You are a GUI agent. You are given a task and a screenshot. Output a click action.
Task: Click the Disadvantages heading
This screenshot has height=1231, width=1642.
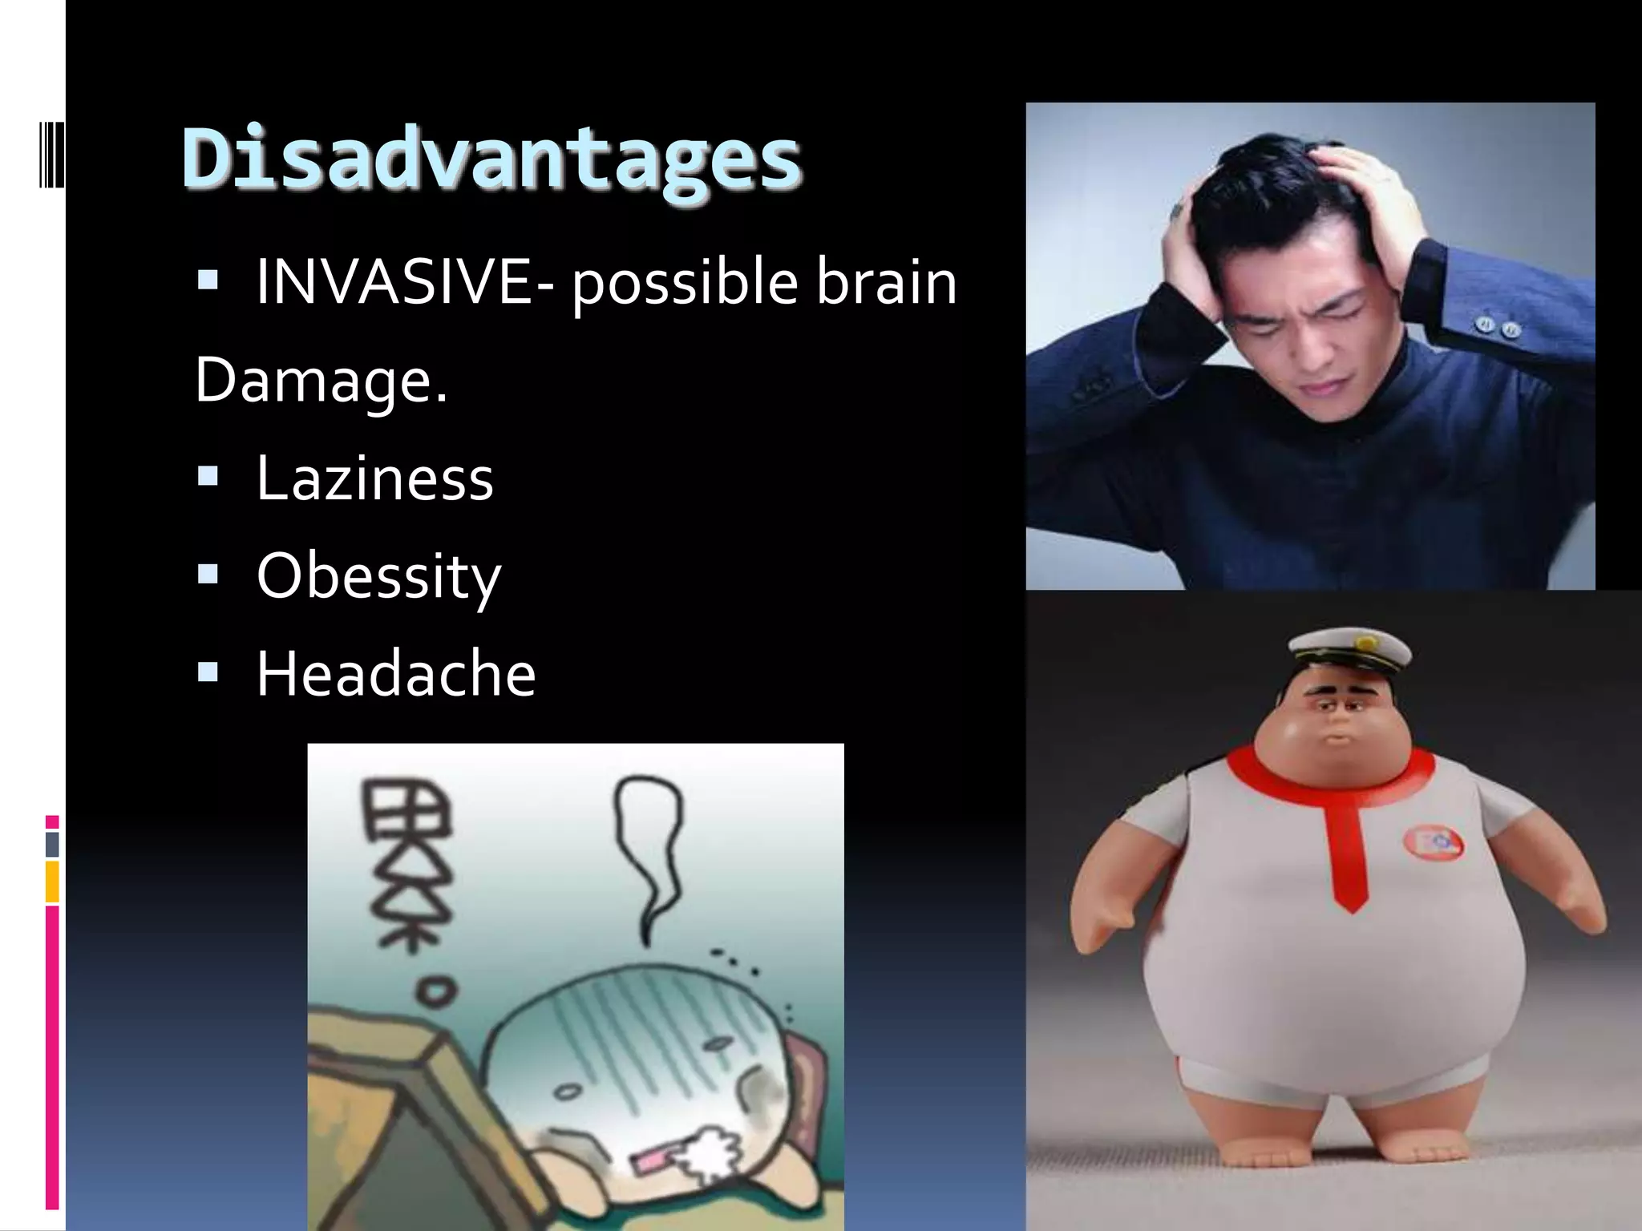pyautogui.click(x=491, y=158)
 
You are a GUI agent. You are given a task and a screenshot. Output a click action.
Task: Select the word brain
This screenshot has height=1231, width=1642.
pyautogui.click(x=886, y=282)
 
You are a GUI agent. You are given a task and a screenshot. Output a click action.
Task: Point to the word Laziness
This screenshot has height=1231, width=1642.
pyautogui.click(x=374, y=478)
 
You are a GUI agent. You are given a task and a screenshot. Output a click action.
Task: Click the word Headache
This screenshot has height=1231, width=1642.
pyautogui.click(x=395, y=674)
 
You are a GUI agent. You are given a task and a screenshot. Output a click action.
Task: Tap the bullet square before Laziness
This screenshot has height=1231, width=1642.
pyautogui.click(x=208, y=477)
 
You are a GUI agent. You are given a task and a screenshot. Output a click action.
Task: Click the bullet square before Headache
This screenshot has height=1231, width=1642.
pyautogui.click(x=208, y=672)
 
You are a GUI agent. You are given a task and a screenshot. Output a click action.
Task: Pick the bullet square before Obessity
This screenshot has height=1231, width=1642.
pyautogui.click(x=208, y=574)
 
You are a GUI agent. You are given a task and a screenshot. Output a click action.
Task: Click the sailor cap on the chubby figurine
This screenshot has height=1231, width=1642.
pyautogui.click(x=1349, y=650)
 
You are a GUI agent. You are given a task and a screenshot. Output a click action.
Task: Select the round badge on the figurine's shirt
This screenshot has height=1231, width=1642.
pyautogui.click(x=1432, y=843)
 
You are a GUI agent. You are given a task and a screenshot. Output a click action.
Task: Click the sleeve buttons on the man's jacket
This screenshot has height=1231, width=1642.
pyautogui.click(x=1496, y=326)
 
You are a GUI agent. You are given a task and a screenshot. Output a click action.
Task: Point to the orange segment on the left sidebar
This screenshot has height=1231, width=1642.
pyautogui.click(x=52, y=882)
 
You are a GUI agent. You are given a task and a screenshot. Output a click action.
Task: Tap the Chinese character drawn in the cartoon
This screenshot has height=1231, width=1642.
pyautogui.click(x=406, y=866)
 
